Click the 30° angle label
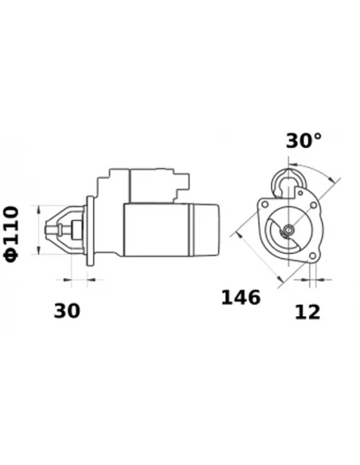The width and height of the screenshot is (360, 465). [x=303, y=141]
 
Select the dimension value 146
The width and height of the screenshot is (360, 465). [x=241, y=298]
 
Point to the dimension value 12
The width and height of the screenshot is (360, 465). [x=307, y=311]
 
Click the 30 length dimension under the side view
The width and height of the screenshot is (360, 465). [x=67, y=311]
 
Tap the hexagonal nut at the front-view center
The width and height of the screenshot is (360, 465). [x=288, y=231]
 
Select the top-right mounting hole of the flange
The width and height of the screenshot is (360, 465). [x=313, y=205]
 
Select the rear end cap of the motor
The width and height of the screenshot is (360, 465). [x=206, y=230]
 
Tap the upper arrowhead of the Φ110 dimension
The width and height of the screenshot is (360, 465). [x=37, y=209]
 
